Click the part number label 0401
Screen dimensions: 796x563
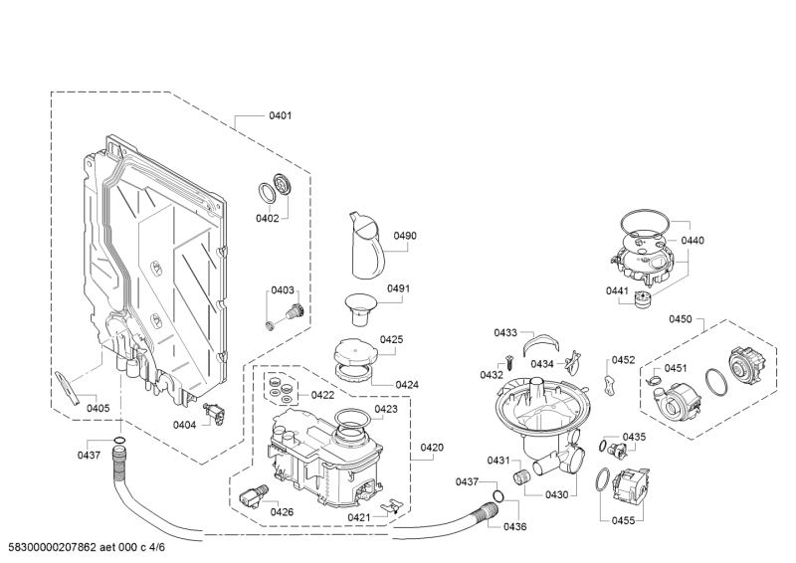point(281,115)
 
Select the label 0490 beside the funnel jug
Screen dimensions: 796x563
point(405,236)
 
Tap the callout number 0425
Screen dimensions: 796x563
point(391,339)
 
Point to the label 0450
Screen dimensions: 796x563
point(681,319)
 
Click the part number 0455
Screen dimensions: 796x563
point(623,520)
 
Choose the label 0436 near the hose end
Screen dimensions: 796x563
point(514,527)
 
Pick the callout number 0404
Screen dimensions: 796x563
point(184,425)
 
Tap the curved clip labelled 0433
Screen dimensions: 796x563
point(541,341)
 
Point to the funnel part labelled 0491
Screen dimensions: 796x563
point(360,307)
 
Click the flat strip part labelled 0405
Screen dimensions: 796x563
point(69,381)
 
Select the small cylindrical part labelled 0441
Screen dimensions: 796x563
point(643,300)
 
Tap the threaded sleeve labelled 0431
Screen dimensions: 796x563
point(520,477)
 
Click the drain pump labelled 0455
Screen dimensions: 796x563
point(631,485)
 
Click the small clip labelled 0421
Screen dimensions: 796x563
point(391,506)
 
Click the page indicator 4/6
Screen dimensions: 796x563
point(157,547)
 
